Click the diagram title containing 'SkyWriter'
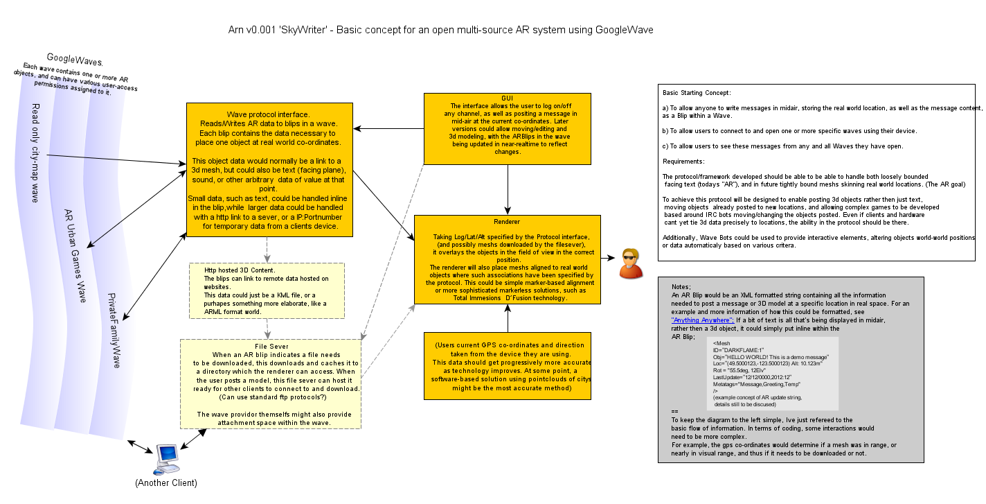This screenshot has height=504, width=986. (440, 31)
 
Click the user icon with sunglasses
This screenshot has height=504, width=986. (630, 263)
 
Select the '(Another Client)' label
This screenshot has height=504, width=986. (166, 483)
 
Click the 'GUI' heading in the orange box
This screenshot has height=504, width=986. (508, 98)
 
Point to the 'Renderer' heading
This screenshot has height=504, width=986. (507, 222)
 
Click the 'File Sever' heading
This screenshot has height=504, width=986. (270, 346)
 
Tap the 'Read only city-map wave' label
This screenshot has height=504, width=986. (35, 153)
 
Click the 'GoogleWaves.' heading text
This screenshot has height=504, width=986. (75, 60)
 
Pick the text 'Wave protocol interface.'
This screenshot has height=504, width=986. (269, 114)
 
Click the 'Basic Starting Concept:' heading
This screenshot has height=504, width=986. (696, 92)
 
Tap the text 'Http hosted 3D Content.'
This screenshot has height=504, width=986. (240, 270)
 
